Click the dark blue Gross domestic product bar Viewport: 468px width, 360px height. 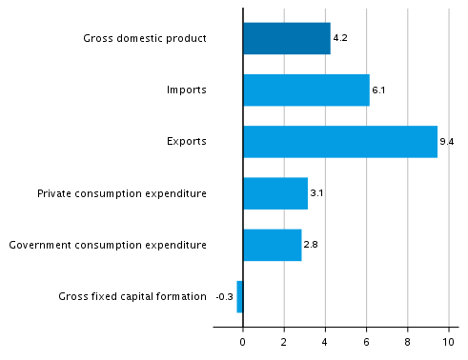pos(286,39)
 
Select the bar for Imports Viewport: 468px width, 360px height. pos(306,90)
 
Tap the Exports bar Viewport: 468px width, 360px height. pos(339,142)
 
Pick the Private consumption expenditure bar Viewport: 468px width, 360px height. pos(275,193)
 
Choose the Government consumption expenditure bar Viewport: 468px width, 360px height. pos(272,245)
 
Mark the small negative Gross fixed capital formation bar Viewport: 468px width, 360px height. pos(239,296)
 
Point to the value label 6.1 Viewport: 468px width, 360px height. pos(377,91)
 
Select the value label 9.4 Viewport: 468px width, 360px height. pos(446,143)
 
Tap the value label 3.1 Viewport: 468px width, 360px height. pos(316,194)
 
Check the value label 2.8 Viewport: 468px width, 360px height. pos(310,246)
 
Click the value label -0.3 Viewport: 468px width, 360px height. pos(225,297)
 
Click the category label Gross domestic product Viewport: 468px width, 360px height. pos(145,39)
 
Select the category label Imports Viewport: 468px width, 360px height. pos(186,90)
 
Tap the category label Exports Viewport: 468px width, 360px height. pos(187,142)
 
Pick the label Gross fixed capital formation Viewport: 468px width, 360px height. pos(132,296)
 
